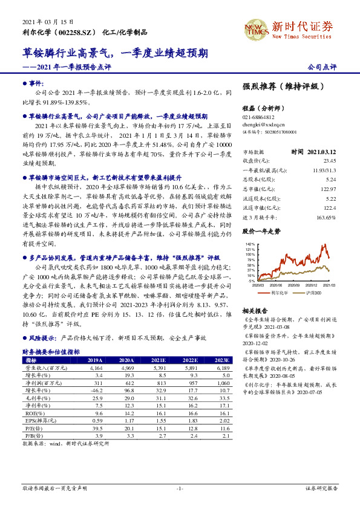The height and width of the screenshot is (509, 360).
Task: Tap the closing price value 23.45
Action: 330,161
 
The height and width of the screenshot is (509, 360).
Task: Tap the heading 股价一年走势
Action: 262,232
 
